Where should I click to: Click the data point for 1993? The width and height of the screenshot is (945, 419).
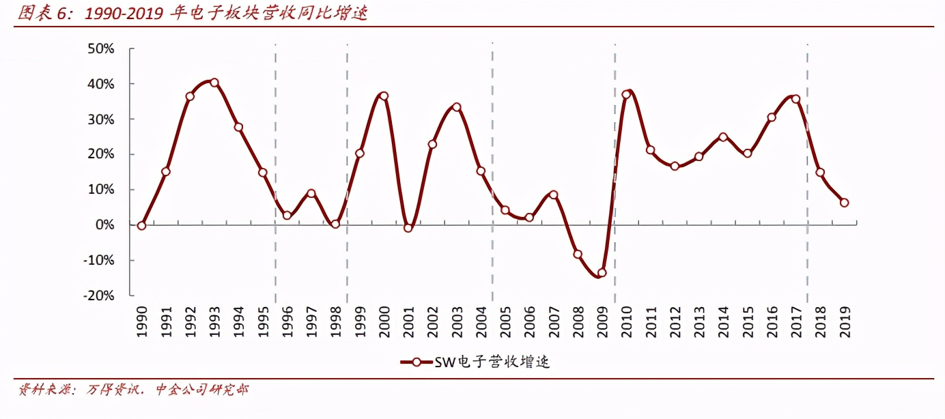(x=214, y=83)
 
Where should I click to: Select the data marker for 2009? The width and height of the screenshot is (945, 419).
(x=602, y=272)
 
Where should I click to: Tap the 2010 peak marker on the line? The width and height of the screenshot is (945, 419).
(x=626, y=94)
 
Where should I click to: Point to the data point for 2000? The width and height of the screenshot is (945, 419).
(x=384, y=96)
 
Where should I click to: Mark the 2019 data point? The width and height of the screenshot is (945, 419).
(x=845, y=203)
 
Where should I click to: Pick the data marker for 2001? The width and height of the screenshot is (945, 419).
(x=408, y=228)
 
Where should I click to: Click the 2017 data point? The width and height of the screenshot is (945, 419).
(x=795, y=99)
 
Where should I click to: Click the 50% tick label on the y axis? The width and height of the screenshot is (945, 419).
(x=100, y=49)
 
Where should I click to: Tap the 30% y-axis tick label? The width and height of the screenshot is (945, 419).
(x=100, y=119)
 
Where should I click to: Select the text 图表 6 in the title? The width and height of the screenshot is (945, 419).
(x=43, y=13)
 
